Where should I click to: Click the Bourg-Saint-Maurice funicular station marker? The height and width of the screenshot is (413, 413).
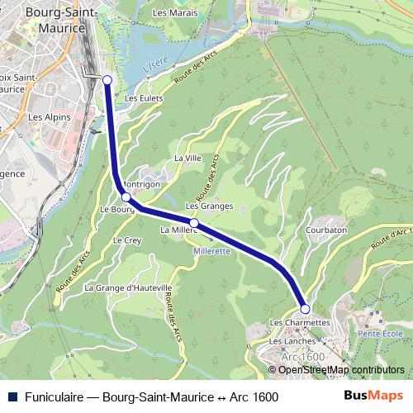(107, 79)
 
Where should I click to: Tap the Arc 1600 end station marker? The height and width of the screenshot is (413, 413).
(305, 309)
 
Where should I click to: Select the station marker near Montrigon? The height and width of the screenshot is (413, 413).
(126, 197)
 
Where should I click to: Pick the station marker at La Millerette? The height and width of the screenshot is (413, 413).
(194, 223)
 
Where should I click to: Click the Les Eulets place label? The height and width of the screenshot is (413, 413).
(141, 97)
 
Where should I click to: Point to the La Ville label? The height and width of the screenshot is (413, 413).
(188, 157)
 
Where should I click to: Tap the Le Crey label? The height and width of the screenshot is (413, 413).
(126, 240)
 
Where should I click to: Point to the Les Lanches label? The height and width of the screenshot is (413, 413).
(292, 340)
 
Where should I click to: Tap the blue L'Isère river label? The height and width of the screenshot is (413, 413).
(154, 64)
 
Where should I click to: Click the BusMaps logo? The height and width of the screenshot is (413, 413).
(373, 396)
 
